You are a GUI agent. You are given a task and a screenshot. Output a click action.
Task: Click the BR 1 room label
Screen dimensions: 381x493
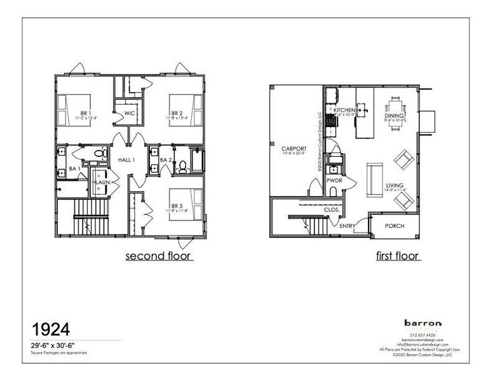[x=85, y=97]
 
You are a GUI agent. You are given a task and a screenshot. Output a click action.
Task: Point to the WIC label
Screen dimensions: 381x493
[x=130, y=114]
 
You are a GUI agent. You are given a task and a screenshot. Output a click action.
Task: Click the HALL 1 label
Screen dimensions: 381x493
[x=126, y=159]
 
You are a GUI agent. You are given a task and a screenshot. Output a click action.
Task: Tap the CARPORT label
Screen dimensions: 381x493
[x=294, y=149]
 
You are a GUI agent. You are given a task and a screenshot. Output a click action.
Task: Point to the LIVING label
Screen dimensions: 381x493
[x=395, y=185]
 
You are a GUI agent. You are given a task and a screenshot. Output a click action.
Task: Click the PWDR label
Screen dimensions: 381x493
[x=334, y=180]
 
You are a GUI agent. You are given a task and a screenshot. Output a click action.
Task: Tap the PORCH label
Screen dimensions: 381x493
[x=395, y=225]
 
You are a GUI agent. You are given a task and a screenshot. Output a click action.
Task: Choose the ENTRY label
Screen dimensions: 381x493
[x=347, y=226]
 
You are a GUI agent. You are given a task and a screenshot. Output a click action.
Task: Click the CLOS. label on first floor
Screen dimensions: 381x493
[x=330, y=208]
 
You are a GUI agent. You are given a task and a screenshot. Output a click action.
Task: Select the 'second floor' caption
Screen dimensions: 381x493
[x=159, y=256]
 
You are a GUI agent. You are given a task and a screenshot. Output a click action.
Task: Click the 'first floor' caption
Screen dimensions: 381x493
[x=397, y=256]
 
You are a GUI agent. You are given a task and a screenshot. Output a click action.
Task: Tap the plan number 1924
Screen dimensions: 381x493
[x=51, y=329]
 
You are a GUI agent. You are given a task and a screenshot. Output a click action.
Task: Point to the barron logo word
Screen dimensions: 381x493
[x=422, y=323]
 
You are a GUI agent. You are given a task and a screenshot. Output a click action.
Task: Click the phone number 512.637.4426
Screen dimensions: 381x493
[x=422, y=335]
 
